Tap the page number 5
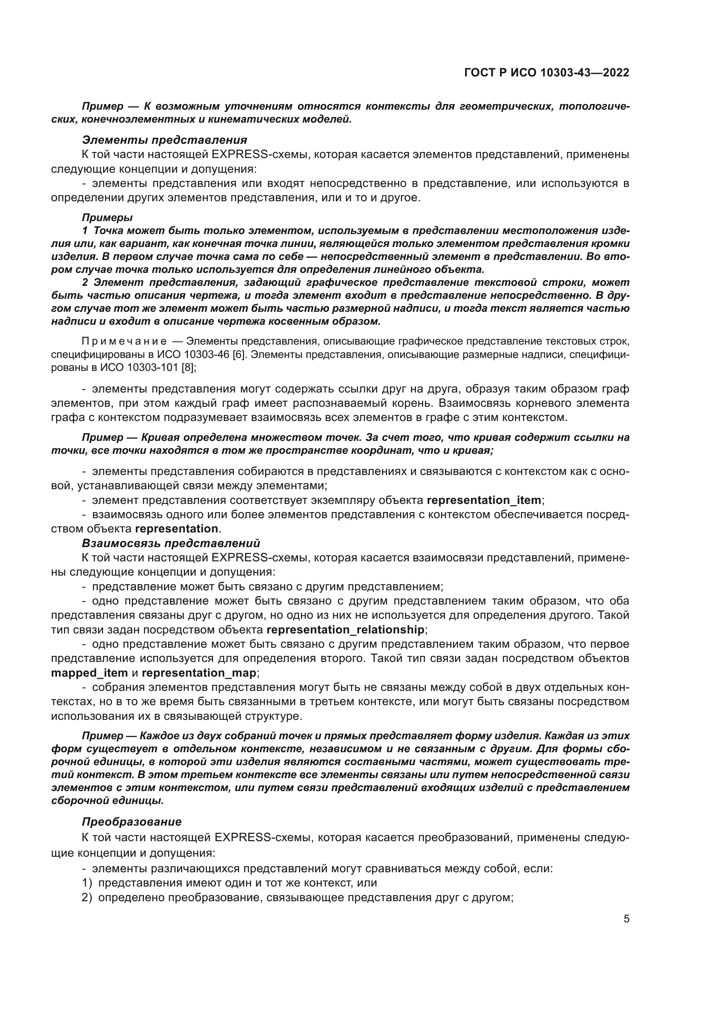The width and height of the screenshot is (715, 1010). click(626, 919)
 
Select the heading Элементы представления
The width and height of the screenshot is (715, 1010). click(164, 140)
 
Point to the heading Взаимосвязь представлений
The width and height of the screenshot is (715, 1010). click(171, 543)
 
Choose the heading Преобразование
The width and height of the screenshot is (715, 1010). click(132, 822)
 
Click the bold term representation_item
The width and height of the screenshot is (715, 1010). click(484, 500)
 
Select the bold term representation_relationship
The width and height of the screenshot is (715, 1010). click(346, 630)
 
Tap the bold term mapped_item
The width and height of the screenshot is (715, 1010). click(89, 673)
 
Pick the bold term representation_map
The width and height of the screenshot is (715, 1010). click(199, 673)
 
